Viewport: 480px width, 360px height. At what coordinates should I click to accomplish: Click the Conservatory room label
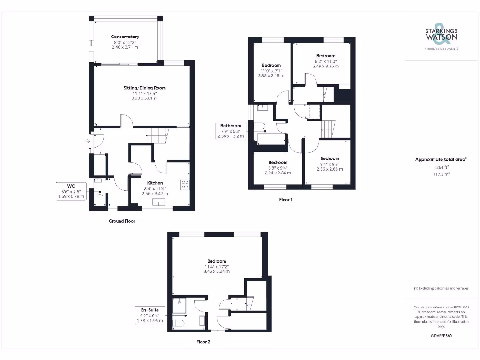click(x=125, y=37)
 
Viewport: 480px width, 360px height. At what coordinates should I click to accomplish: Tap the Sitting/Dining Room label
click(x=144, y=88)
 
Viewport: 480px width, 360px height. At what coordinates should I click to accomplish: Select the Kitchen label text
click(x=155, y=183)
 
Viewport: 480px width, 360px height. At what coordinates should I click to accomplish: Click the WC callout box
click(x=71, y=191)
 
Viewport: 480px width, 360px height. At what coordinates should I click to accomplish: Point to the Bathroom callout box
click(x=231, y=131)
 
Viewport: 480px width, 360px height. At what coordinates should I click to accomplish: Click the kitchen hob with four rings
click(x=185, y=185)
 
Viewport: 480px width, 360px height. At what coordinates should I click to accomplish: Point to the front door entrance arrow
click(x=89, y=141)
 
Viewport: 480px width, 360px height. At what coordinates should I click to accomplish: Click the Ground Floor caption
click(x=122, y=221)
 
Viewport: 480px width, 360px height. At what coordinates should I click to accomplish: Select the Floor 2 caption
click(x=203, y=342)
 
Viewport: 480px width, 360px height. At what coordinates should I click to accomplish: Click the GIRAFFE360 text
click(x=441, y=336)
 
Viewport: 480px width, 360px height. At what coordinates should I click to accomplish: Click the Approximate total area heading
click(x=441, y=159)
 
